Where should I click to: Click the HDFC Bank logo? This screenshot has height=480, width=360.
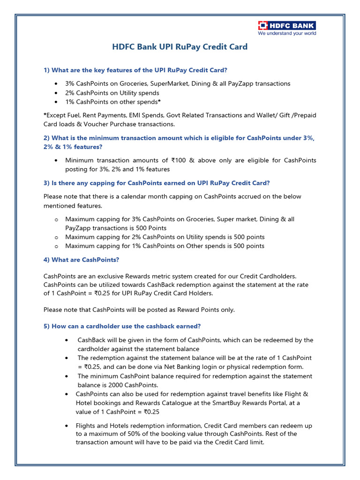[287, 25]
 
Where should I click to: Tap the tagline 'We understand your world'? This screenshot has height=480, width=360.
[287, 33]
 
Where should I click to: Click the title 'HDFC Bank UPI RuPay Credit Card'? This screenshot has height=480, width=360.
[180, 47]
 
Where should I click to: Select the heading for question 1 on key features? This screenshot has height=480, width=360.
[135, 70]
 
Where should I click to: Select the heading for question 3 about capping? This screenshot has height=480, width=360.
[157, 183]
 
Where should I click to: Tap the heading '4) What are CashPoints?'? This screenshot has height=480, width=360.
[82, 259]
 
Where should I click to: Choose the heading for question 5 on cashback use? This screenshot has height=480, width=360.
[122, 326]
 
